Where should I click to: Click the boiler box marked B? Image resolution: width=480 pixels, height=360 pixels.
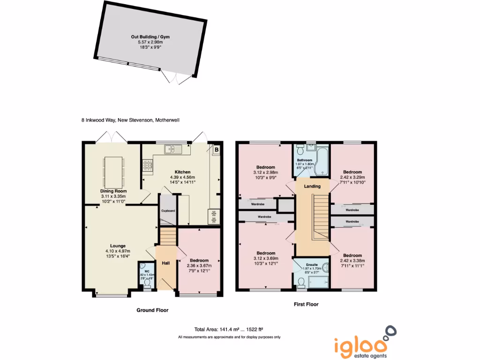pyautogui.click(x=217, y=150)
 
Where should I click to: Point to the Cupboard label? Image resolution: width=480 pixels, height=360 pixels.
pyautogui.click(x=168, y=211)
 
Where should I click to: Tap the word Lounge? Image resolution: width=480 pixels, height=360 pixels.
pyautogui.click(x=118, y=246)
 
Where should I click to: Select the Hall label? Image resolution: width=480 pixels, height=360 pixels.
pyautogui.click(x=166, y=263)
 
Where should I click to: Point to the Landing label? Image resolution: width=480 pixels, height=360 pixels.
pyautogui.click(x=312, y=187)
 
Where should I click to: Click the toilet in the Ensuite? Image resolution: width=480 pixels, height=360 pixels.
pyautogui.click(x=301, y=282)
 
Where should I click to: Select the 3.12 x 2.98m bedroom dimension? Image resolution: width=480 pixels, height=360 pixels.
pyautogui.click(x=265, y=172)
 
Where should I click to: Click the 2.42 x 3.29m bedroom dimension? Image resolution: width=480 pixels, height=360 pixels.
pyautogui.click(x=352, y=177)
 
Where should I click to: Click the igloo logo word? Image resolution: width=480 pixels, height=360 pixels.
pyautogui.click(x=361, y=345)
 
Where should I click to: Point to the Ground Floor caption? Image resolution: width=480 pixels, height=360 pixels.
pyautogui.click(x=152, y=310)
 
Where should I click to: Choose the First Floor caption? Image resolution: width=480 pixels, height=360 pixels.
pyautogui.click(x=306, y=304)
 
